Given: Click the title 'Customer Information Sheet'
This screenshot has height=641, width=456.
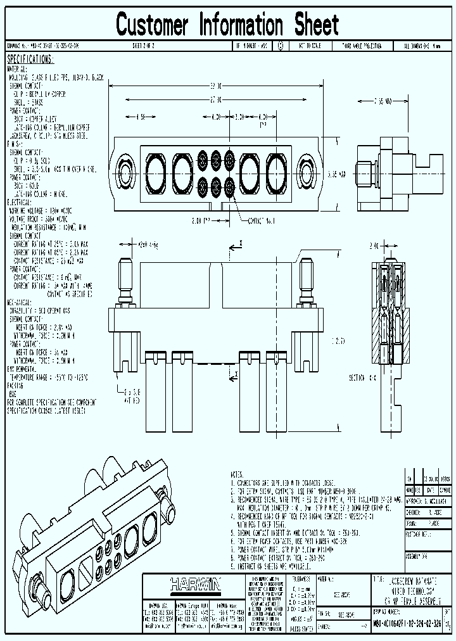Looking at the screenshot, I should [x=227, y=25].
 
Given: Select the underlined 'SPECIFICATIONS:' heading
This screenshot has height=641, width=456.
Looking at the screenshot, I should [x=30, y=60].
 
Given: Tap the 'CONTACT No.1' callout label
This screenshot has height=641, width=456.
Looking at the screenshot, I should [x=256, y=220].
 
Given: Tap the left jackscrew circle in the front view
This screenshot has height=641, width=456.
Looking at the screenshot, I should [x=125, y=170].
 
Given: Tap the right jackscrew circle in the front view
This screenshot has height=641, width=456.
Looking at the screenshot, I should [x=307, y=170].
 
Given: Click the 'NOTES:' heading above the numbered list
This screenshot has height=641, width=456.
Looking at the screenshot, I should [x=237, y=474].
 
